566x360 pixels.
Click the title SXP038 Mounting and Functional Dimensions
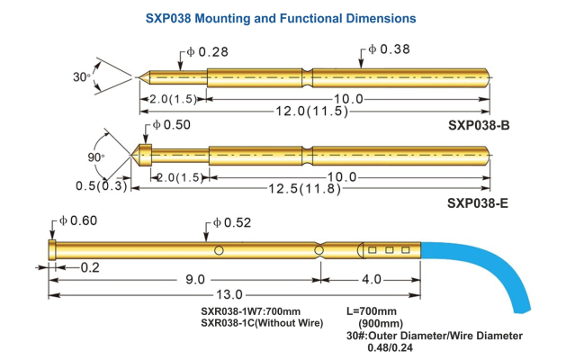tap(282, 18)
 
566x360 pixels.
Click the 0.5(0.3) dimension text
tap(100, 186)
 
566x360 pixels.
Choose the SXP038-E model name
tap(478, 203)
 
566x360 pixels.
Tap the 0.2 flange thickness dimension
tap(89, 266)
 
